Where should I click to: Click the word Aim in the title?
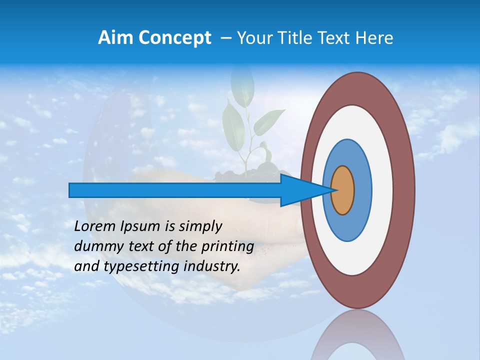pyautogui.click(x=116, y=38)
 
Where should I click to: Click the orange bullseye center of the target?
pyautogui.click(x=342, y=190)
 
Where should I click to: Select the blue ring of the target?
pyautogui.click(x=362, y=190)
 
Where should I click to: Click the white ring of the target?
pyautogui.click(x=382, y=190)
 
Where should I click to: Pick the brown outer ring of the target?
pyautogui.click(x=404, y=190)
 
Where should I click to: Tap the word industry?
pyautogui.click(x=211, y=266)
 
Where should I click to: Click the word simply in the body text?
pyautogui.click(x=200, y=227)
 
